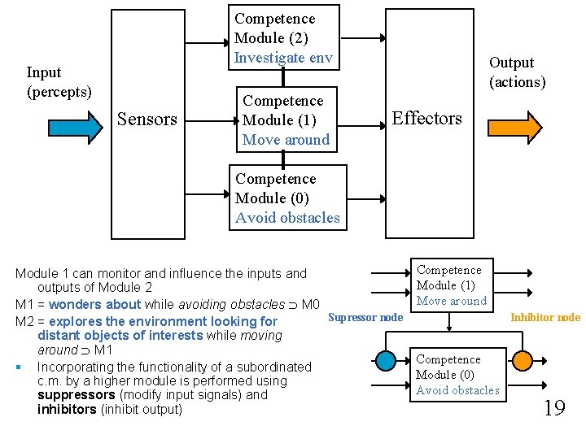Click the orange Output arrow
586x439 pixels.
514,128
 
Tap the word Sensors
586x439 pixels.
147,120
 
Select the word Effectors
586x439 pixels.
426,119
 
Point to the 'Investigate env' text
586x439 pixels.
282,58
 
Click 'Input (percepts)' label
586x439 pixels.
59,82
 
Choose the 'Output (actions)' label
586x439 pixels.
517,72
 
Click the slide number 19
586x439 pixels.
553,407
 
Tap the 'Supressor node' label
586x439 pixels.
365,317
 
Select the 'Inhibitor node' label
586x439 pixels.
545,317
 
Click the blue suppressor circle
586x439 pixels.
383,359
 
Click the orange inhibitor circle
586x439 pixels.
522,359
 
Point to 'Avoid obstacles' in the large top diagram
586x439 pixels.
287,218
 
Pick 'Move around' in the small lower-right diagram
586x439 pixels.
451,301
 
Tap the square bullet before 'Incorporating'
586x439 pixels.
18,367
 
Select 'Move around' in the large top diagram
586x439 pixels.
286,140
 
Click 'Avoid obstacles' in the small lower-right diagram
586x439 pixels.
457,390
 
